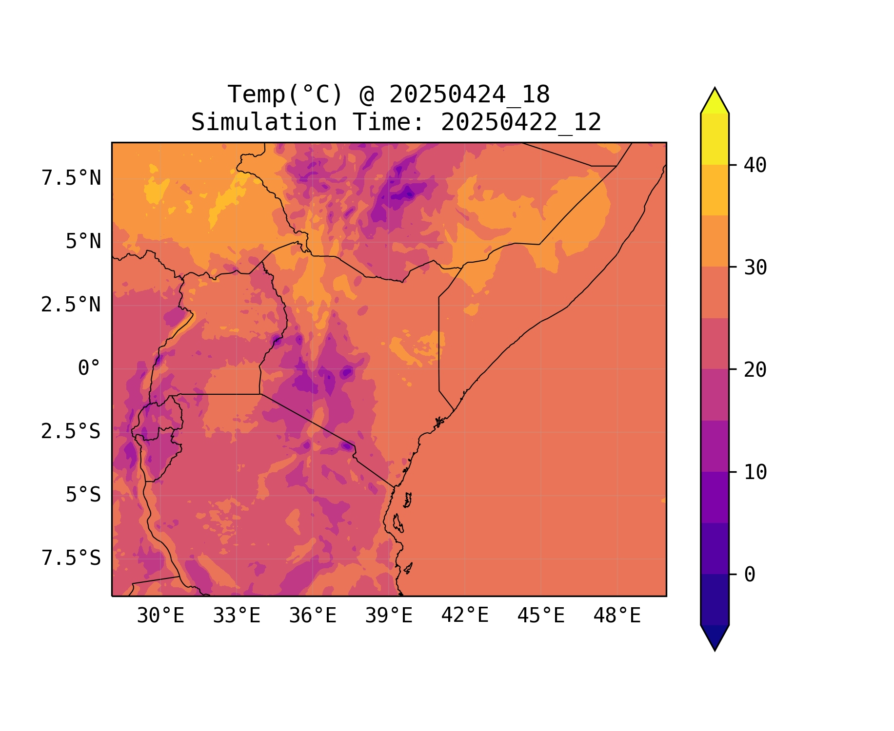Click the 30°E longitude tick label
tap(160, 616)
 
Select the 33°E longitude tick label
tap(237, 616)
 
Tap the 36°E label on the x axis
tap(313, 616)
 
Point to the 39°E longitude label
tap(389, 616)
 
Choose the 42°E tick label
tap(465, 616)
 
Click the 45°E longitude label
tap(541, 616)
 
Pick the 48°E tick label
tap(617, 616)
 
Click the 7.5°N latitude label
tap(71, 178)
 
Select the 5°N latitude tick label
tap(83, 242)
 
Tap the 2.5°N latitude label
tap(71, 305)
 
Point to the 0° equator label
tap(89, 368)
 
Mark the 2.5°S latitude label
tap(71, 432)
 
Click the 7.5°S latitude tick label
tap(71, 558)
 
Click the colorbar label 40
tap(755, 165)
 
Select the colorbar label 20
tap(755, 370)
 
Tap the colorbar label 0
tap(750, 575)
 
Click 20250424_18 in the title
tap(469, 95)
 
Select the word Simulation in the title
tap(264, 122)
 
